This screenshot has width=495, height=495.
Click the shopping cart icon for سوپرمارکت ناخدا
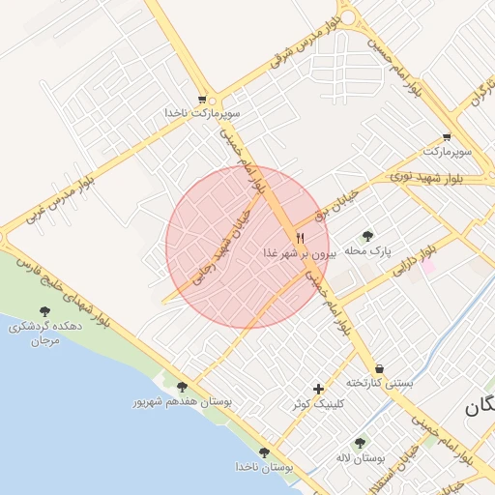click(202, 99)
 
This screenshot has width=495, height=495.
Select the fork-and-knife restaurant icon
click(300, 237)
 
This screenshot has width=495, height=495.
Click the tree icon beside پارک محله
click(367, 235)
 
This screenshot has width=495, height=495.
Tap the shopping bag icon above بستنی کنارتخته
click(379, 368)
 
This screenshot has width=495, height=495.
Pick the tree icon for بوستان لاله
click(361, 442)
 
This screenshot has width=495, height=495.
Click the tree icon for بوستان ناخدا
click(264, 451)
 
